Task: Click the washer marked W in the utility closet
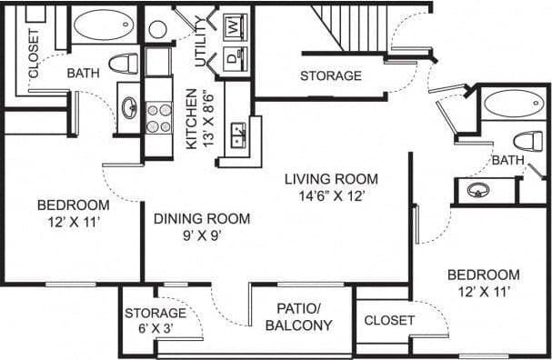pyautogui.click(x=234, y=26)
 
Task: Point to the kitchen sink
pyautogui.click(x=239, y=135)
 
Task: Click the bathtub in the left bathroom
pyautogui.click(x=104, y=25)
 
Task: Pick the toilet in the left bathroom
pyautogui.click(x=124, y=64)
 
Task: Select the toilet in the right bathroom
pyautogui.click(x=526, y=140)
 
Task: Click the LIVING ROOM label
pyautogui.click(x=330, y=179)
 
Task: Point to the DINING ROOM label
pyautogui.click(x=202, y=218)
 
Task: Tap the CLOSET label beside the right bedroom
pyautogui.click(x=389, y=321)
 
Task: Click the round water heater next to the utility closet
pyautogui.click(x=158, y=29)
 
